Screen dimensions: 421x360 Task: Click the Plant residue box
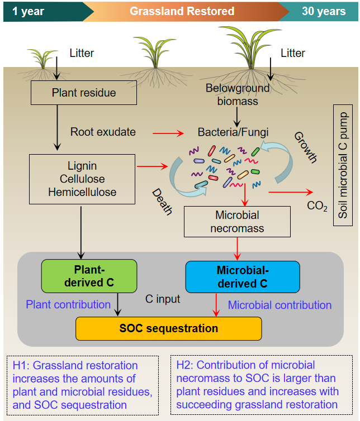pos(84,93)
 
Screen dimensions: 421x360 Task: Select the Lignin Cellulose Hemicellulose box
pos(82,179)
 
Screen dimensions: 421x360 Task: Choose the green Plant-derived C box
pos(89,276)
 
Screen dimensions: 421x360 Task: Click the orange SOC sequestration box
pos(168,328)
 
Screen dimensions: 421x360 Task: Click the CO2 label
pos(317,206)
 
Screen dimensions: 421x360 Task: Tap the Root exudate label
pos(103,132)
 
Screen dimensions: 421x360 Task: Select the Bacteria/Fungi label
pos(233,133)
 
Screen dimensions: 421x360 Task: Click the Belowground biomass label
pos(238,94)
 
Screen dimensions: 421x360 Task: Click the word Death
pos(163,202)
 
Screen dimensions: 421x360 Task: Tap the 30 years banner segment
pos(324,11)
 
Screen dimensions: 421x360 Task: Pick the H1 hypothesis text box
pos(82,385)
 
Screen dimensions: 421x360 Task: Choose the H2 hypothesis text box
pos(260,385)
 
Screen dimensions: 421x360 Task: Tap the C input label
pos(163,299)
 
